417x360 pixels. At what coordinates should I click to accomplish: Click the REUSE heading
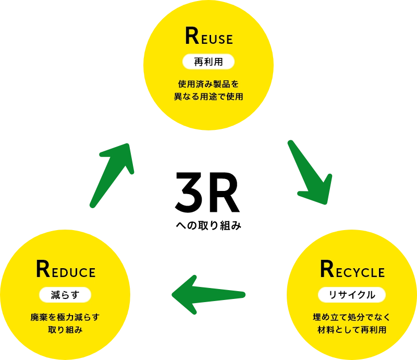208,37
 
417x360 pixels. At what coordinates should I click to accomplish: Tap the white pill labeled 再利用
208,62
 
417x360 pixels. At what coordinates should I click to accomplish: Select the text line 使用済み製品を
208,83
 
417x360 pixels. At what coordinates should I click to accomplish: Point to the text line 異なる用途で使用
208,97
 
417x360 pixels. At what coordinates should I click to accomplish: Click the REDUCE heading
66,270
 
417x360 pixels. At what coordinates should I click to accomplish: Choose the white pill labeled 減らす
65,295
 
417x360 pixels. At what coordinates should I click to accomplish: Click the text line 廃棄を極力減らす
65,317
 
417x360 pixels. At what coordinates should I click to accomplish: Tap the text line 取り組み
65,330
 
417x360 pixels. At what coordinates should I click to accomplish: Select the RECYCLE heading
352,270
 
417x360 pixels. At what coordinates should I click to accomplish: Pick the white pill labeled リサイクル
352,295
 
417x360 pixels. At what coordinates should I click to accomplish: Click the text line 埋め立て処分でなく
352,317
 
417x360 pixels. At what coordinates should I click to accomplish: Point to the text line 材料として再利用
352,330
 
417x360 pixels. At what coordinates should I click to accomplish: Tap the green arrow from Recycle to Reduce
208,295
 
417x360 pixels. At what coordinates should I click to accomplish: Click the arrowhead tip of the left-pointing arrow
174,295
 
